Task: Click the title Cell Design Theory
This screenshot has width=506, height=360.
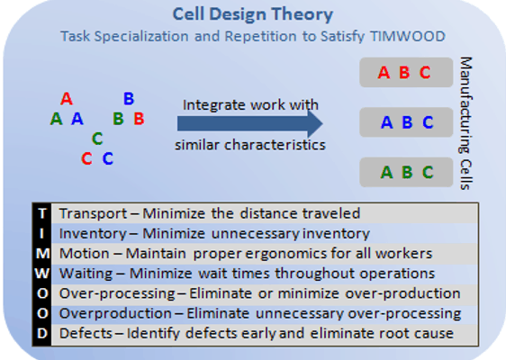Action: [253, 14]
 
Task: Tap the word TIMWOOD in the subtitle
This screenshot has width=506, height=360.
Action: [408, 36]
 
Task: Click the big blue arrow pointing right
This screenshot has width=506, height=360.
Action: [250, 123]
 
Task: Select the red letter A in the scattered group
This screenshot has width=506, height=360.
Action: [67, 98]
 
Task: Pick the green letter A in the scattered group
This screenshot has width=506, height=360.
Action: [56, 119]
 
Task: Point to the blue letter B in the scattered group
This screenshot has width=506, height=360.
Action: [129, 98]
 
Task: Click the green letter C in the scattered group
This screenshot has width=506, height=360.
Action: [97, 139]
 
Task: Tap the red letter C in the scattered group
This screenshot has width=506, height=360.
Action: [86, 158]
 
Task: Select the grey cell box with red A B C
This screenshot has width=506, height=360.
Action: [406, 72]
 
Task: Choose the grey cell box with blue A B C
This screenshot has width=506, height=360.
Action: [406, 122]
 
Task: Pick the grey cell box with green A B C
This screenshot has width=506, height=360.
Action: [406, 172]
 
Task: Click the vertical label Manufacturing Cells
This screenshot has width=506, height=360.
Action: [465, 123]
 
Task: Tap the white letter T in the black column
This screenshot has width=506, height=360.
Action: [42, 213]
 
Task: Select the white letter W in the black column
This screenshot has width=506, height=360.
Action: [42, 274]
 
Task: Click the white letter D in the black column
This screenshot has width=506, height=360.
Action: [42, 334]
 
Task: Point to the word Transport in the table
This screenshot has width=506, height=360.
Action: [94, 214]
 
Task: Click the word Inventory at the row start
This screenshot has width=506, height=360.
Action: [93, 234]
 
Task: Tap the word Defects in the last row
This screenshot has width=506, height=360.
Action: [86, 334]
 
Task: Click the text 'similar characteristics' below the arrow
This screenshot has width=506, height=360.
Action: [250, 145]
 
